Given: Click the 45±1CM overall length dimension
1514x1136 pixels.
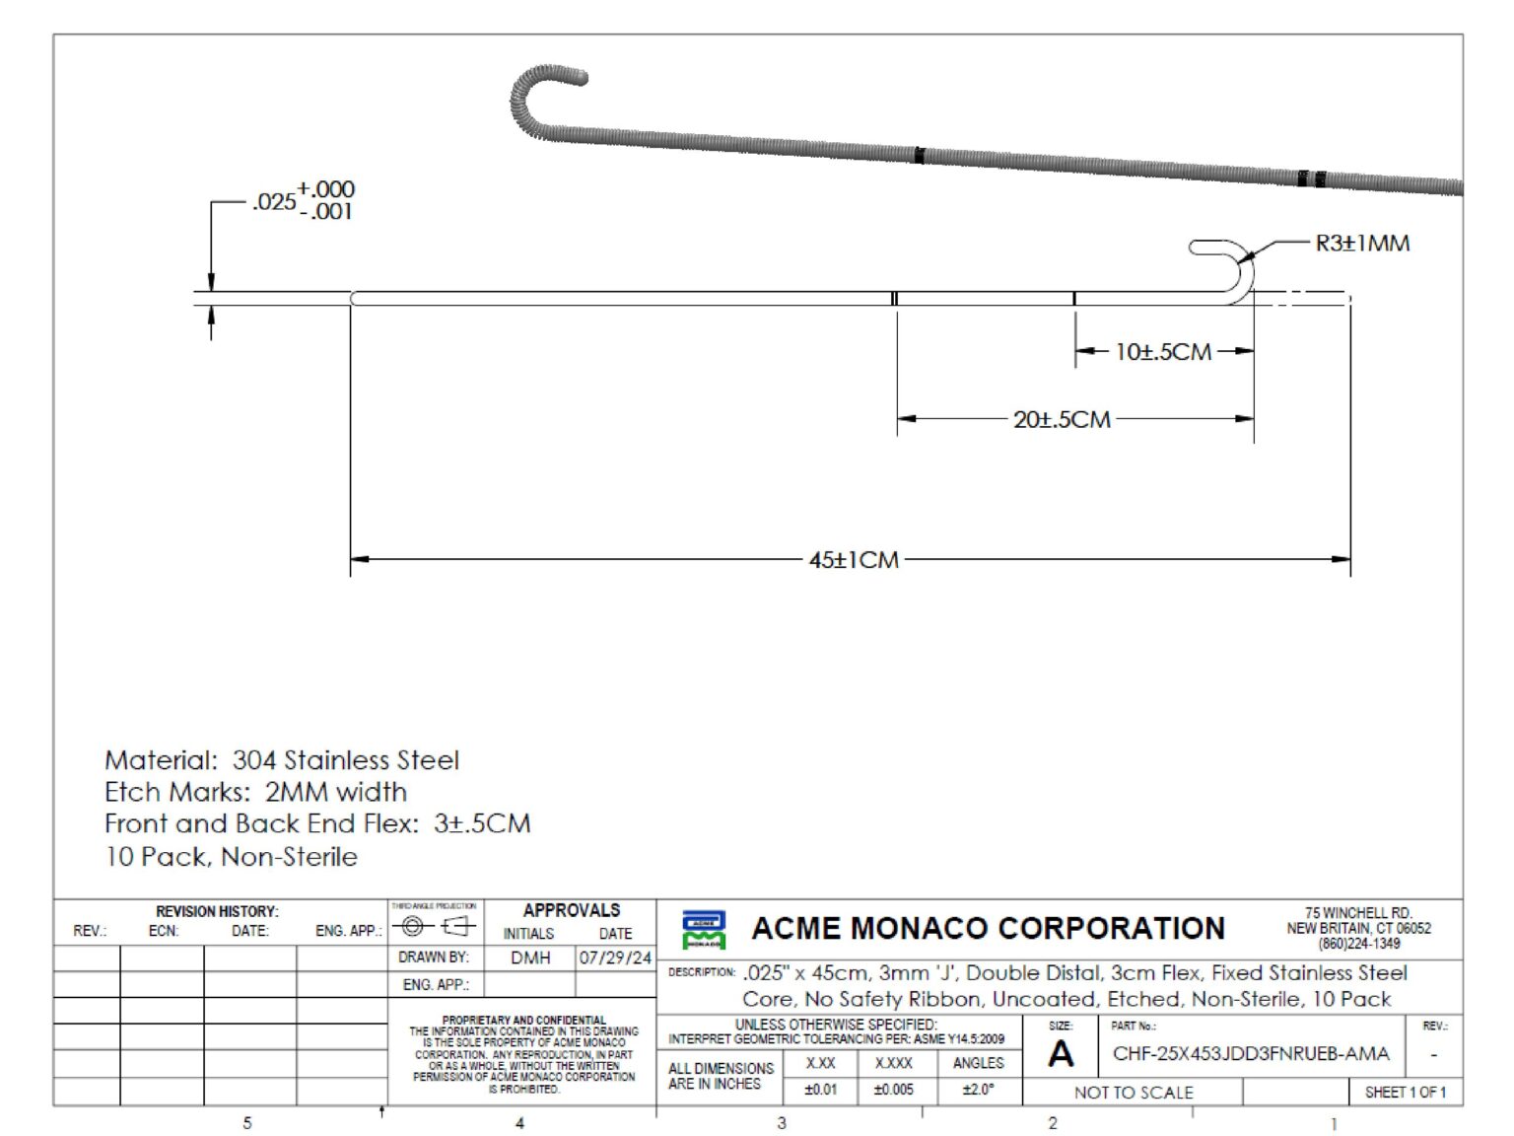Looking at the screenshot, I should [854, 560].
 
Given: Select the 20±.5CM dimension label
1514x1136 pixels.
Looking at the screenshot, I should [1062, 419].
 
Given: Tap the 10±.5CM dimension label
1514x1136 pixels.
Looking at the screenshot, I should [1163, 352].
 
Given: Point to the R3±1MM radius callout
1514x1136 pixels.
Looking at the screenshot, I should [1362, 244].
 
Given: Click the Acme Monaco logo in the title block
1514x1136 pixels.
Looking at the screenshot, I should [704, 929].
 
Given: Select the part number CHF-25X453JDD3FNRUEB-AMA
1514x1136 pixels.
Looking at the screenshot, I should [1250, 1053].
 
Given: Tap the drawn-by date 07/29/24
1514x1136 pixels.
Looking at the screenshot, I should [615, 958].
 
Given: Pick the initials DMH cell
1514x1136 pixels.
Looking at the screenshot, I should [530, 958].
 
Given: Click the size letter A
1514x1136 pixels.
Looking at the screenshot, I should [1061, 1055].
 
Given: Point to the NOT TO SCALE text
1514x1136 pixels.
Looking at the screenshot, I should [1134, 1093].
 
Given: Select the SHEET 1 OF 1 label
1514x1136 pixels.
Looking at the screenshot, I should [1405, 1092].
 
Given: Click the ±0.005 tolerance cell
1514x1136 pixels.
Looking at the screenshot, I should [893, 1090].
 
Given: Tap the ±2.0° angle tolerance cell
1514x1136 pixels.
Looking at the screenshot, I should [978, 1090].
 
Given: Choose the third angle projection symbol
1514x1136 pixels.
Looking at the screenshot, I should [434, 926].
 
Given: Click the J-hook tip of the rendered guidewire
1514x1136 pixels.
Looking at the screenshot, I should [578, 76].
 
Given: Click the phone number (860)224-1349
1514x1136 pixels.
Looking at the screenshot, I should [1358, 944].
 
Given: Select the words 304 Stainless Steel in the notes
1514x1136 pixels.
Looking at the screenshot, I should [345, 760].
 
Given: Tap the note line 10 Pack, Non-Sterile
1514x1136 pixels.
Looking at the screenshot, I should [232, 856].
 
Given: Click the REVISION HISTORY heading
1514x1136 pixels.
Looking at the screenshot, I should [217, 911].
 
